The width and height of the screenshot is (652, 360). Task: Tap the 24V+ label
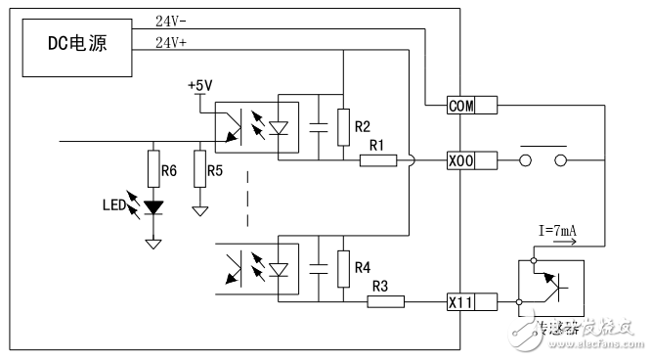click(172, 42)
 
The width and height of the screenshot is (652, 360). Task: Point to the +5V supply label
click(199, 85)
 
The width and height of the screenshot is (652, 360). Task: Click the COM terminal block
click(460, 106)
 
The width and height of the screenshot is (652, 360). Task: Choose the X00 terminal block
click(460, 160)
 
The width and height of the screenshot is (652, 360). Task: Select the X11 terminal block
click(460, 302)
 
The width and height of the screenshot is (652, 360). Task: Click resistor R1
click(377, 160)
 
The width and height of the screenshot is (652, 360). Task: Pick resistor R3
click(385, 302)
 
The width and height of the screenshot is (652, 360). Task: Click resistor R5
click(200, 170)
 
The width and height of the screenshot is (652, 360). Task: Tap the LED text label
click(113, 206)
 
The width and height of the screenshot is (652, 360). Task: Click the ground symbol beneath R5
click(200, 209)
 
